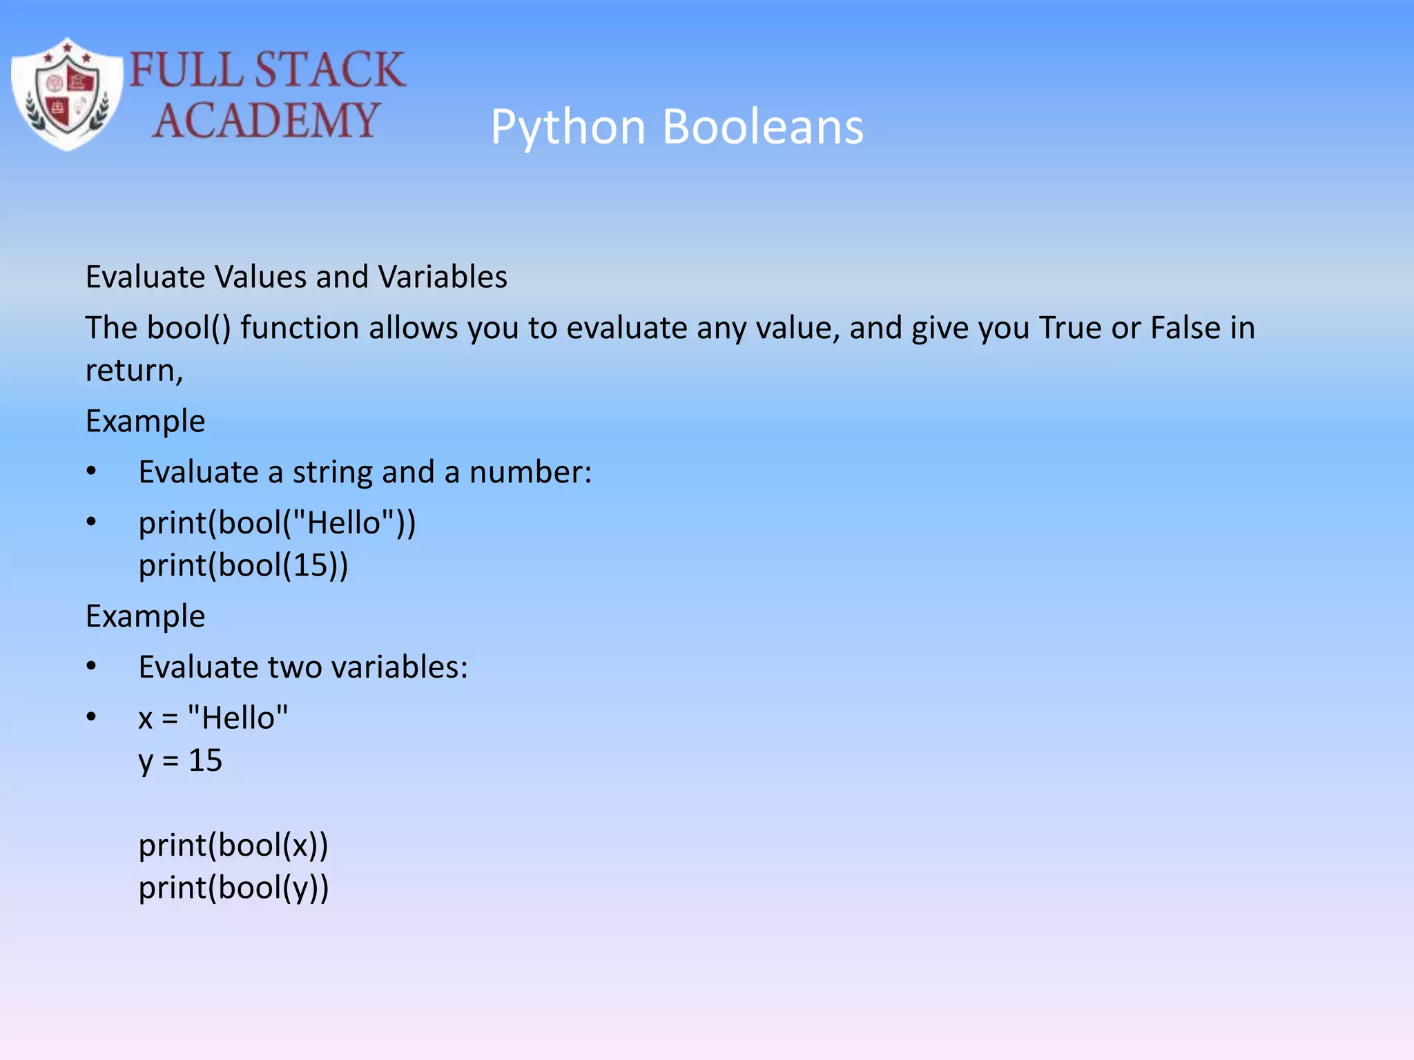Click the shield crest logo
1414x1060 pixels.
click(67, 95)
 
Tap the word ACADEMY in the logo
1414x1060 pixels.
click(266, 120)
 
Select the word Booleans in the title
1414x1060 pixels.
click(763, 127)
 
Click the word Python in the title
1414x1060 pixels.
click(568, 127)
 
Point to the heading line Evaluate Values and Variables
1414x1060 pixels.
click(296, 277)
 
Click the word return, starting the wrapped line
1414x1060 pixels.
click(134, 371)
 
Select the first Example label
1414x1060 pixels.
click(145, 421)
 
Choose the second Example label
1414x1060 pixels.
click(145, 616)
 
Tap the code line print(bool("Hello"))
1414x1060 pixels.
click(277, 523)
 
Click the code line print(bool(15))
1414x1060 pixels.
click(243, 566)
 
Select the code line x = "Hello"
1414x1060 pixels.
click(213, 718)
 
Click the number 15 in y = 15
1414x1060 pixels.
click(205, 760)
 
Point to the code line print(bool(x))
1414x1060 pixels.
click(233, 845)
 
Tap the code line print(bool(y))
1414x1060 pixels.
click(233, 888)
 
